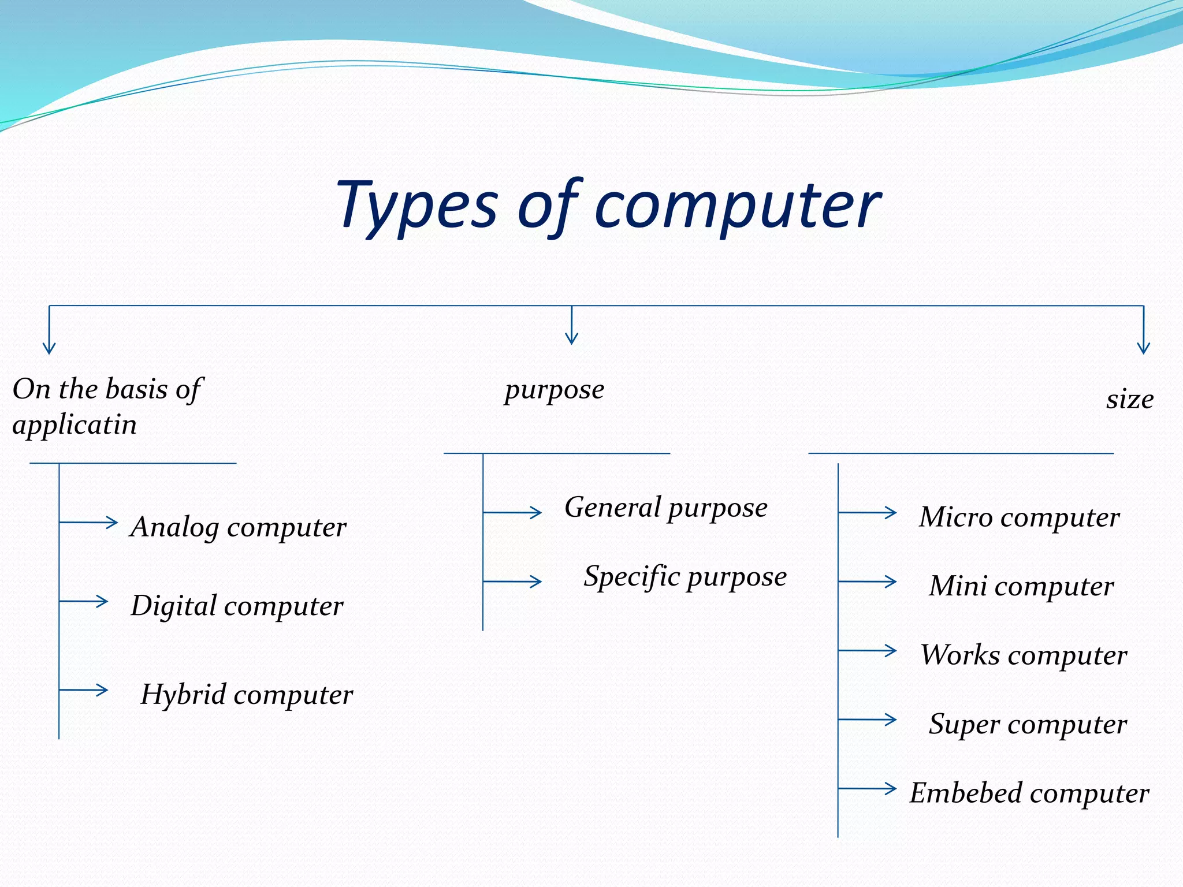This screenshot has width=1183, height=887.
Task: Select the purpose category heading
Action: coord(554,390)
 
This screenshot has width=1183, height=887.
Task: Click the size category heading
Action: coord(1129,400)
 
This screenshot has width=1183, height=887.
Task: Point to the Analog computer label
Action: coord(238,527)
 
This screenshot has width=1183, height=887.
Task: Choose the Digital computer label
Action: coord(237,606)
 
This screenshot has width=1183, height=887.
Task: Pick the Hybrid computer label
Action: coord(247,695)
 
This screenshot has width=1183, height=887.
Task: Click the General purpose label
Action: coord(666,508)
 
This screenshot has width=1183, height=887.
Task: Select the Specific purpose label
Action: coord(685,577)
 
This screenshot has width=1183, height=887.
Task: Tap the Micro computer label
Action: coord(1019,517)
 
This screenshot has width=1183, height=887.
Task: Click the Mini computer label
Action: coord(1021,587)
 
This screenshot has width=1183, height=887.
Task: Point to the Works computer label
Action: coord(1023,655)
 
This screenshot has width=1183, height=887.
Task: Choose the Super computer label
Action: coord(1027,725)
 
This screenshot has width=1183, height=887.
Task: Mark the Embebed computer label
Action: coord(1029,793)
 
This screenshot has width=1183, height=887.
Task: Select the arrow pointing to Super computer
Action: coord(867,720)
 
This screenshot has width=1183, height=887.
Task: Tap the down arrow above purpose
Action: coord(572,326)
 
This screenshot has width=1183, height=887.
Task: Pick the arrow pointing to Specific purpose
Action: coord(512,582)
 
